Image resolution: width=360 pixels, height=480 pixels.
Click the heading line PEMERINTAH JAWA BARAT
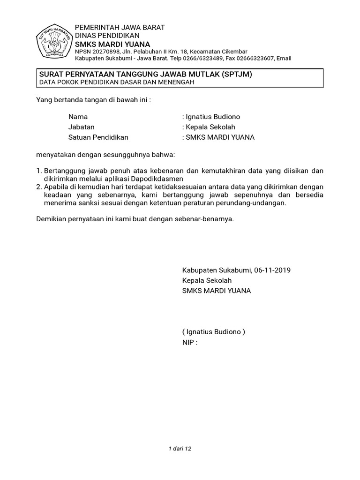(x=120, y=27)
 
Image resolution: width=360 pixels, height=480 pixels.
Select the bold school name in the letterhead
(x=112, y=44)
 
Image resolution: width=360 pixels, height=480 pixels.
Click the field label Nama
(x=78, y=117)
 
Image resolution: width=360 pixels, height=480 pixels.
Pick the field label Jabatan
(x=81, y=127)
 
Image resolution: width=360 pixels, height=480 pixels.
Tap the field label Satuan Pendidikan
(x=98, y=137)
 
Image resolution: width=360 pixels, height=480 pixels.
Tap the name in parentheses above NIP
(x=214, y=332)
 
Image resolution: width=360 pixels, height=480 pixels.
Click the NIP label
(x=189, y=342)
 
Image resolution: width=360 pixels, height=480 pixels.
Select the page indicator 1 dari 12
(x=180, y=449)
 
